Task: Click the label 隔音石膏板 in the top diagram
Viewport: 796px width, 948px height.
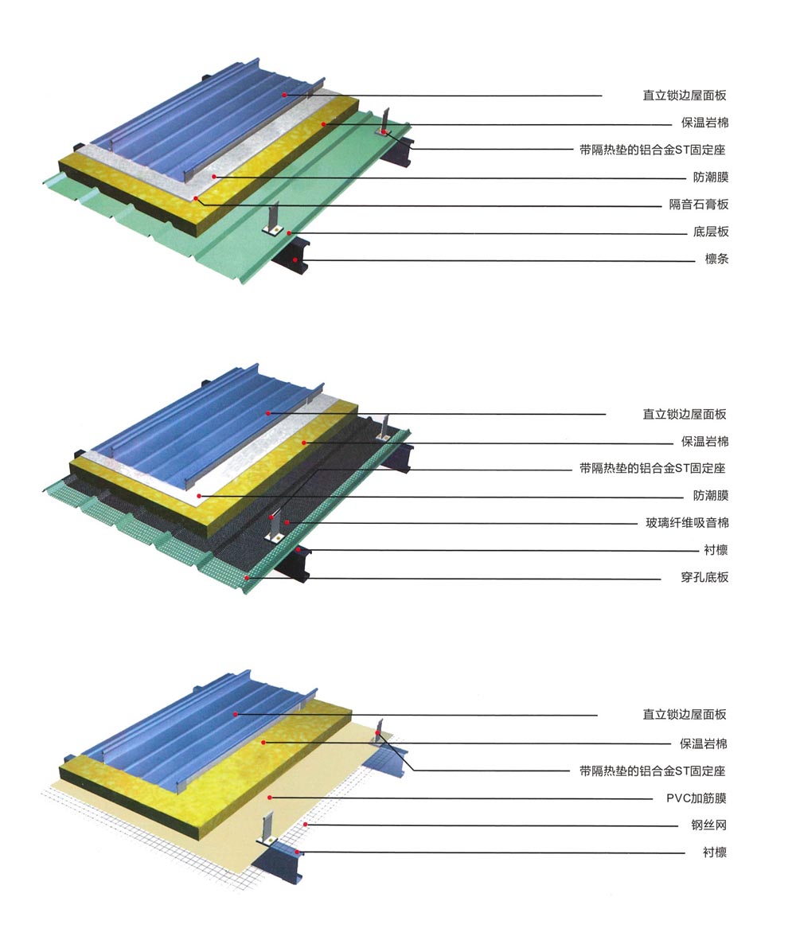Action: [x=699, y=205]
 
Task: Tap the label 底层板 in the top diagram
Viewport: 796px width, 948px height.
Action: [x=711, y=232]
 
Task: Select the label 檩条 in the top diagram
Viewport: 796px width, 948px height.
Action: [x=717, y=259]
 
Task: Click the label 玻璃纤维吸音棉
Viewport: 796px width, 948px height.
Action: [x=687, y=522]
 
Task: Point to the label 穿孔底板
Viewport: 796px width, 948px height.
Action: [x=704, y=577]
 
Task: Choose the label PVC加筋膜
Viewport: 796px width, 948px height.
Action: [x=696, y=798]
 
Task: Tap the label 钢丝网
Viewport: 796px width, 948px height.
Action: [x=709, y=825]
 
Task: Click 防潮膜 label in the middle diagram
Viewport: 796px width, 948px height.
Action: [x=711, y=495]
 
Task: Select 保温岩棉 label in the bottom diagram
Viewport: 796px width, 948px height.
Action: [x=704, y=743]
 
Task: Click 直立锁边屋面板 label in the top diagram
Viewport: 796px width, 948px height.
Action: [x=685, y=95]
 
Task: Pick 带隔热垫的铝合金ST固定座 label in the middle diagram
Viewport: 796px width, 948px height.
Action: [x=652, y=468]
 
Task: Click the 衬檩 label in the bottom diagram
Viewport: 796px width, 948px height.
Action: [x=715, y=852]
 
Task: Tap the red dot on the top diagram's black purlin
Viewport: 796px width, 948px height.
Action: [x=295, y=259]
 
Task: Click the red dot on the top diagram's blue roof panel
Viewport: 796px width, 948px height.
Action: [x=283, y=95]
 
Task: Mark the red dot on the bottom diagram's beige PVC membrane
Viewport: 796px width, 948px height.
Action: [x=270, y=798]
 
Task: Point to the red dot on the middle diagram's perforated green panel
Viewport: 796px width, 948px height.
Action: [x=248, y=578]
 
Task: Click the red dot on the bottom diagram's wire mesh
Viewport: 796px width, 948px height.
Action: [x=306, y=824]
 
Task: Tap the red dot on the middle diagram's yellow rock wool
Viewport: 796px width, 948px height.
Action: [x=305, y=443]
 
